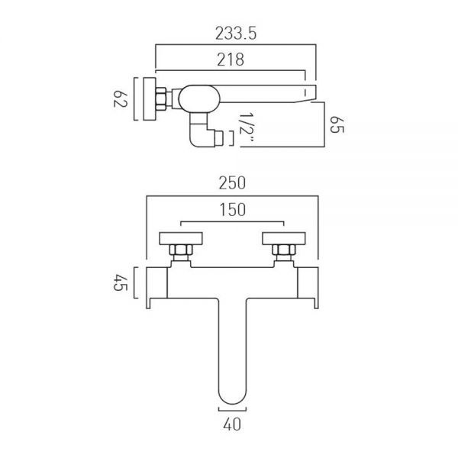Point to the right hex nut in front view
283,251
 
